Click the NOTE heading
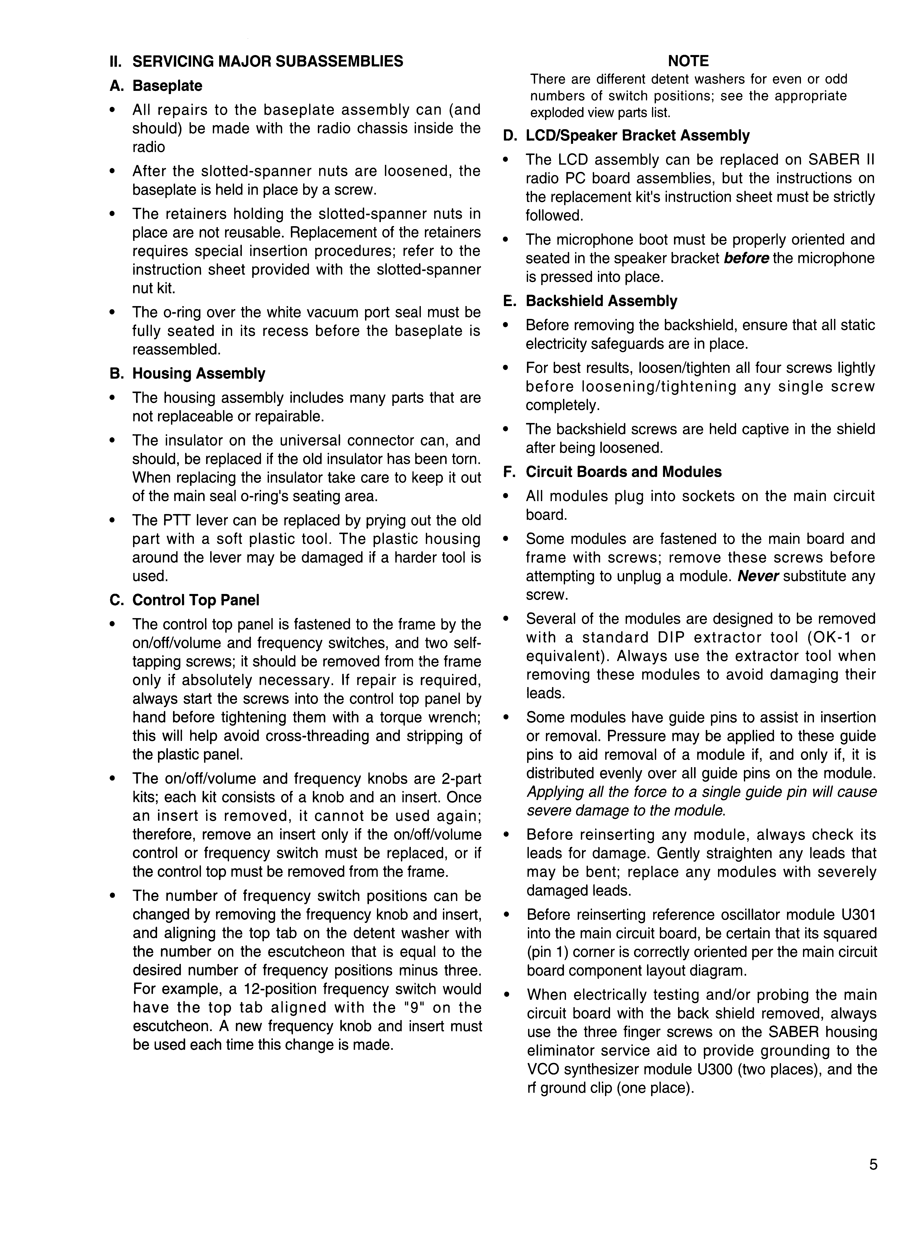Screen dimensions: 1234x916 click(x=688, y=61)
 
